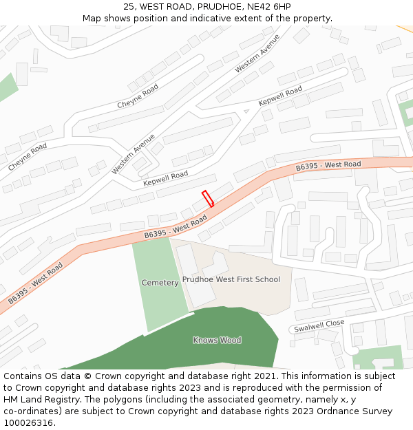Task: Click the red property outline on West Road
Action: point(207,199)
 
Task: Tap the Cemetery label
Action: point(160,283)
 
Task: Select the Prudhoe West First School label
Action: point(231,279)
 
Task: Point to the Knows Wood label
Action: point(217,340)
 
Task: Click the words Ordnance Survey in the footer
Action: point(359,411)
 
